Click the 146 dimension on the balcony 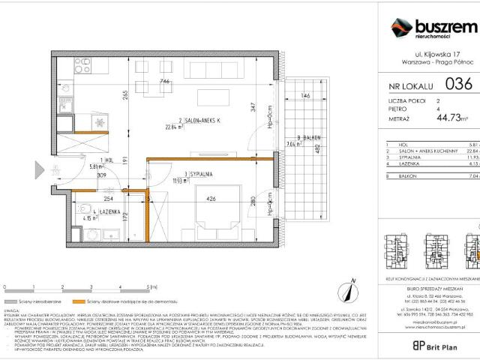(x=305, y=96)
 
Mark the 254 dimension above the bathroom (x=108, y=200)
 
